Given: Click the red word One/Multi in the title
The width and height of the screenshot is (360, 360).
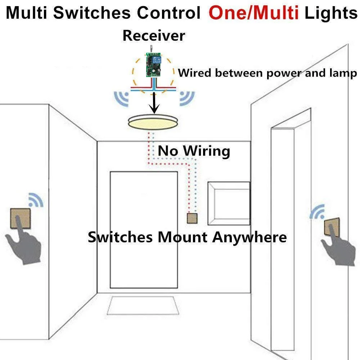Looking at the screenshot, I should (x=254, y=13).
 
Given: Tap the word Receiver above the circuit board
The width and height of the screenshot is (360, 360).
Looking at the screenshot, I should (x=154, y=36).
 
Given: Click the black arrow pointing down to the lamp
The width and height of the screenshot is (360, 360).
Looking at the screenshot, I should (x=154, y=103).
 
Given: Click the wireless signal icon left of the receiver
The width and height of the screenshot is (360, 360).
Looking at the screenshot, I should (x=121, y=98).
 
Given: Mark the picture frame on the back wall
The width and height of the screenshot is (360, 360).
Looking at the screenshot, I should (x=229, y=202).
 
